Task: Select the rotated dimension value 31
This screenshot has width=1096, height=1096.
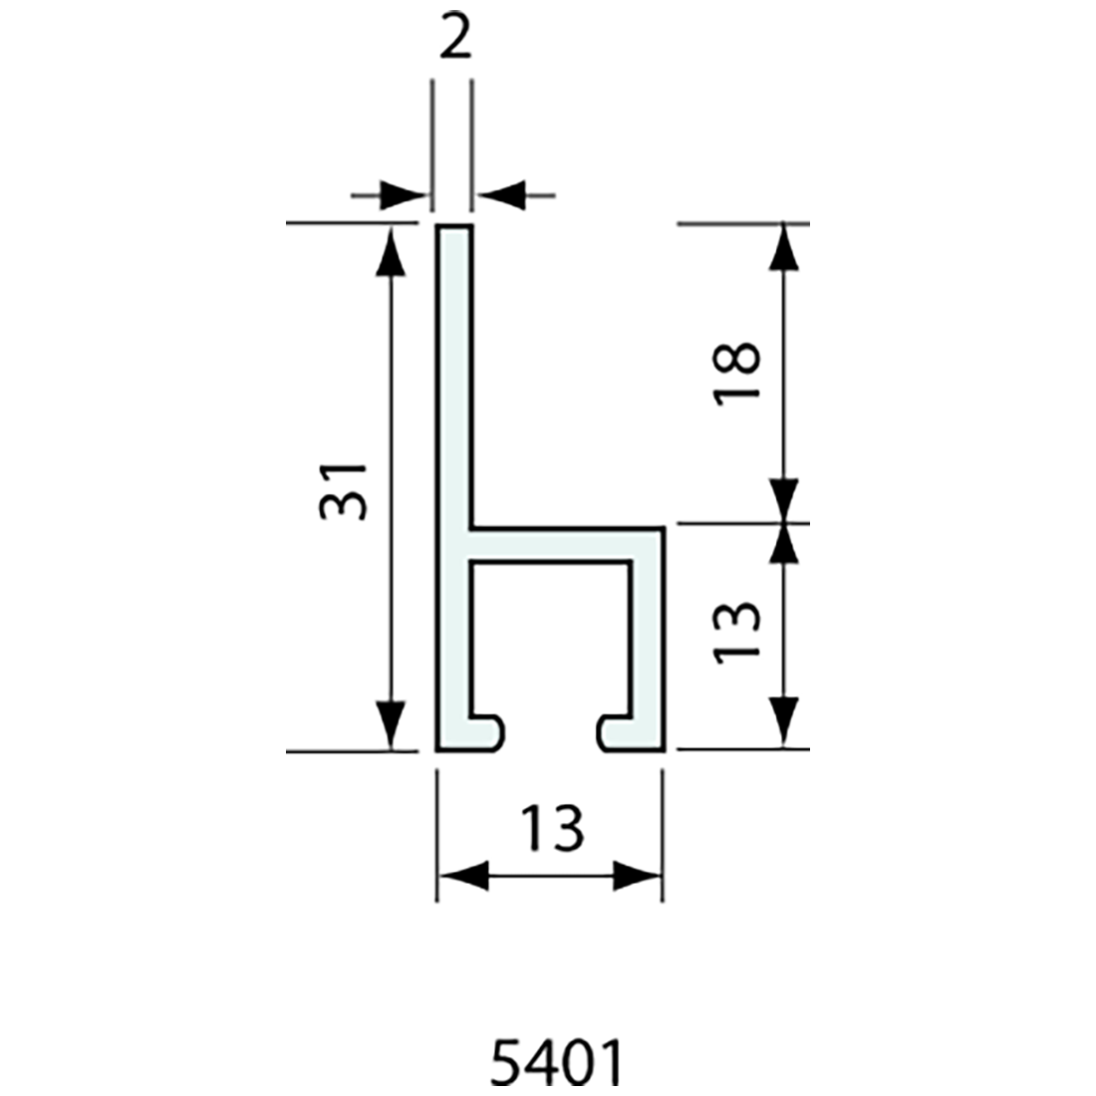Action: (x=345, y=491)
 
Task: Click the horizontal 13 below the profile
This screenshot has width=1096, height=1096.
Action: (x=551, y=828)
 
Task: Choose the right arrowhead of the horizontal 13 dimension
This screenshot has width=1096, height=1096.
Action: (x=636, y=877)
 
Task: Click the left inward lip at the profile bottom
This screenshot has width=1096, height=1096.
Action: (x=483, y=732)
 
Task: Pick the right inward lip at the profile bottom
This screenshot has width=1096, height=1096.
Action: (x=618, y=732)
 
